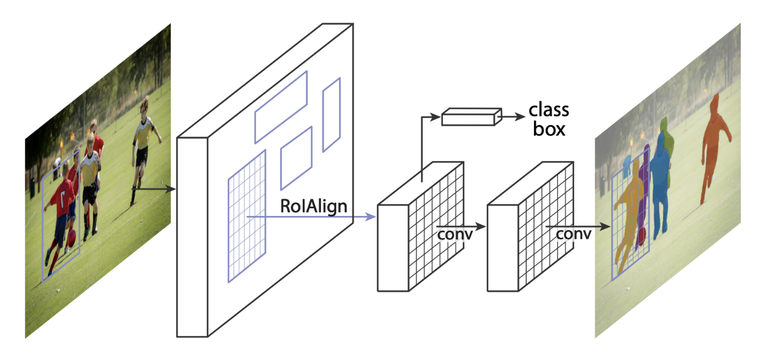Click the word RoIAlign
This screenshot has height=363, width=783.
[x=314, y=207]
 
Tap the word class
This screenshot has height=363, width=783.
[x=549, y=110]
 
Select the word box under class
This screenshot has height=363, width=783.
[x=549, y=129]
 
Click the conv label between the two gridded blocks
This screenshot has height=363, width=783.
[x=455, y=235]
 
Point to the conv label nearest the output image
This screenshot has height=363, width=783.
[x=574, y=234]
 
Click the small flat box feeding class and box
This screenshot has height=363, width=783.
[x=472, y=116]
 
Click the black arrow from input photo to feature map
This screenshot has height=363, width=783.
[x=153, y=189]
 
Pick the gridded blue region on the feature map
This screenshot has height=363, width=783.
[x=247, y=216]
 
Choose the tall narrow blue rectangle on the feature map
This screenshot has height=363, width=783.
[x=331, y=115]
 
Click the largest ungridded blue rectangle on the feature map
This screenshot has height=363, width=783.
[x=281, y=107]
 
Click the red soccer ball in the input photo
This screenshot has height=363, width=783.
[x=71, y=238]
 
